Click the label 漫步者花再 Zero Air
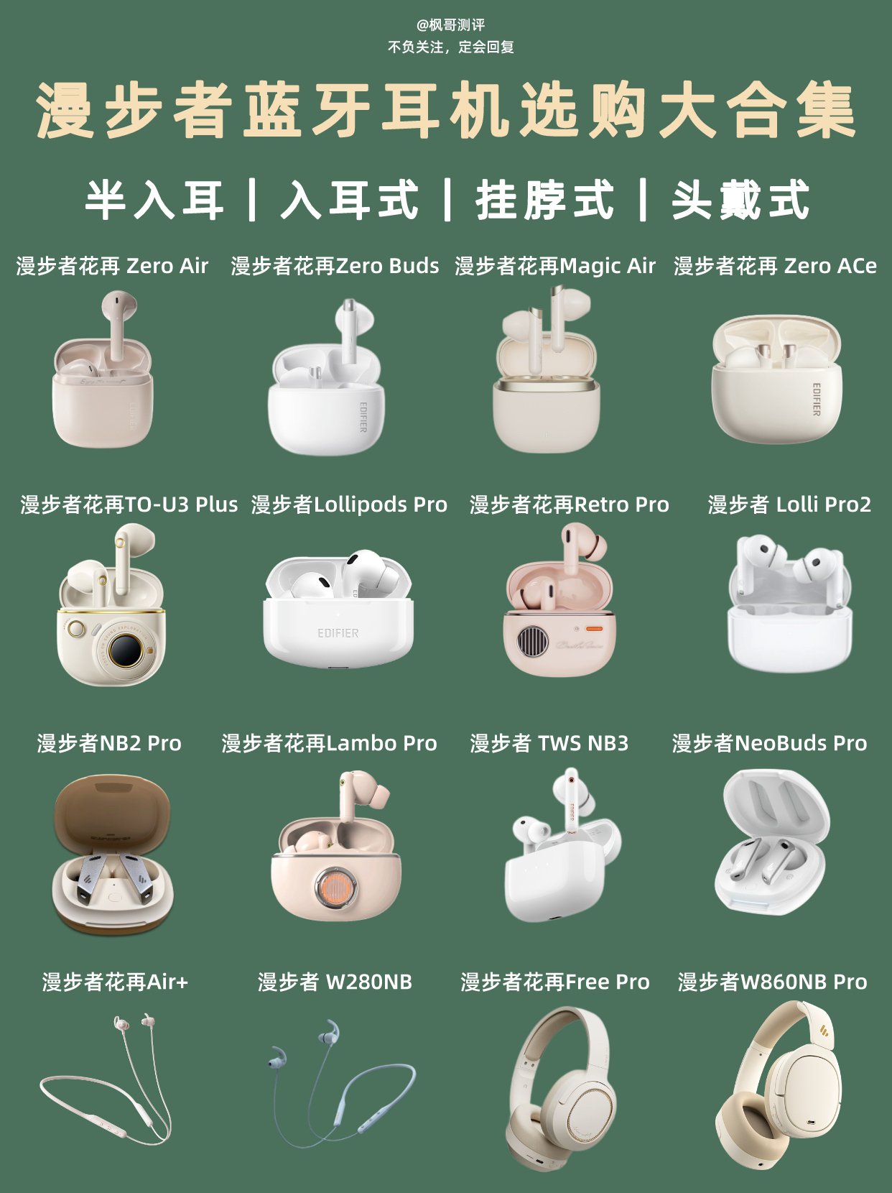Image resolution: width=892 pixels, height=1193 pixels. pyautogui.click(x=112, y=266)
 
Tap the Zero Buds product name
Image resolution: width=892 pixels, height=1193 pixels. pyautogui.click(x=335, y=266)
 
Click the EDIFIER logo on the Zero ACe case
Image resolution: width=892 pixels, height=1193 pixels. pyautogui.click(x=816, y=400)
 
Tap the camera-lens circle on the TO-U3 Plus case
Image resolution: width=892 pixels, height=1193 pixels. pyautogui.click(x=126, y=650)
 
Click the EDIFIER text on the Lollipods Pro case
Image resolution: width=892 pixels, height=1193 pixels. pyautogui.click(x=338, y=633)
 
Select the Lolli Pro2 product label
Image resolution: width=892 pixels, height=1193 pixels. pyautogui.click(x=789, y=505)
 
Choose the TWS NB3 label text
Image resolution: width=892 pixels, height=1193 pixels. pyautogui.click(x=549, y=743)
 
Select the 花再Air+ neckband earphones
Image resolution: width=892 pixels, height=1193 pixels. pyautogui.click(x=106, y=1087)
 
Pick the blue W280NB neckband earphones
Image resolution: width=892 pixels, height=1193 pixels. pyautogui.click(x=342, y=1087)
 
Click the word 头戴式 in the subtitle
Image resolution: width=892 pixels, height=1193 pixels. pyautogui.click(x=740, y=200)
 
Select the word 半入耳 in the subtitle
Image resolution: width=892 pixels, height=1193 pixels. pyautogui.click(x=154, y=200)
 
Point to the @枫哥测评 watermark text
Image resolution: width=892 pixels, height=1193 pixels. pyautogui.click(x=450, y=25)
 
